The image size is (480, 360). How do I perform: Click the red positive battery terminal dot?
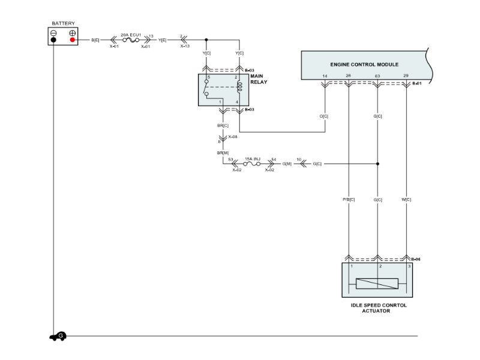point(73,40)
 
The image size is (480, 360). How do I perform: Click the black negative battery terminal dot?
point(54,40)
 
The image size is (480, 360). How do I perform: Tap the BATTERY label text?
point(63,23)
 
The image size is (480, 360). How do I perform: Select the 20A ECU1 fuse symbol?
point(131,40)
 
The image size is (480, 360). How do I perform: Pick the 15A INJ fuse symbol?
point(252,163)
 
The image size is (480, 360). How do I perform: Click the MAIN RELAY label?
point(259,79)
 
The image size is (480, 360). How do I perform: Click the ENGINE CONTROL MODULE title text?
point(364,64)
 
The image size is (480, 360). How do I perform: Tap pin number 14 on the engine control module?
point(325,76)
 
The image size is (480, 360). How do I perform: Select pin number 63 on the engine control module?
point(377,76)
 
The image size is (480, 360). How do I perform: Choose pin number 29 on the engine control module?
point(406,76)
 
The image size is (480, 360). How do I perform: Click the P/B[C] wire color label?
point(349,199)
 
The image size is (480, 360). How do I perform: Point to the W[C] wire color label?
point(407,199)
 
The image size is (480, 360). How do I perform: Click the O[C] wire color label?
point(325,116)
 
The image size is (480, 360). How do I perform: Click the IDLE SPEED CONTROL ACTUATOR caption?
point(379,308)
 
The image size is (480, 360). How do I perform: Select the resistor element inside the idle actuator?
point(378,284)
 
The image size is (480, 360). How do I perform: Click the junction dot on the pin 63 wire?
point(377,163)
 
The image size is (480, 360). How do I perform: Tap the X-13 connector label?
point(184,46)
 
